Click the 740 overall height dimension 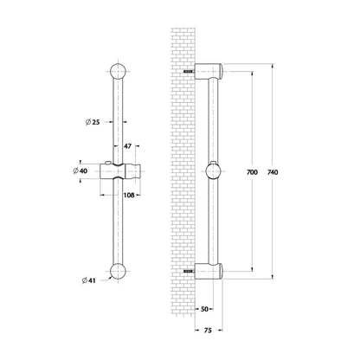coord(273,172)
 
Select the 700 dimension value coord(252,172)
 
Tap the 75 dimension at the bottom coord(208,331)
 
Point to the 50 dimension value coord(204,309)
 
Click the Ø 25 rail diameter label coord(93,122)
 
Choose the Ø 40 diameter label coord(80,171)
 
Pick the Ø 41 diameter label coord(88,280)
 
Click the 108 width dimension coord(129,196)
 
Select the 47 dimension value coord(127,146)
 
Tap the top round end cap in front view coord(118,71)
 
